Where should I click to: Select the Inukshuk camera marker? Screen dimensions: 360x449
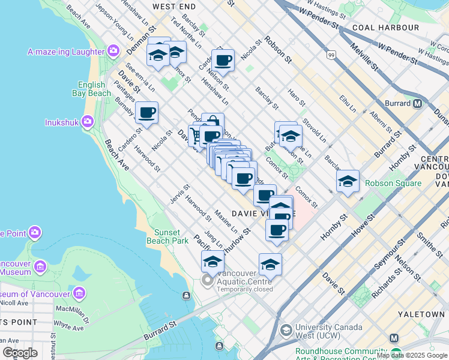pyautogui.click(x=88, y=122)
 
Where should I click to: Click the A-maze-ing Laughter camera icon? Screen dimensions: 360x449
pyautogui.click(x=113, y=52)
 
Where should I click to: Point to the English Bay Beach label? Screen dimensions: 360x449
pyautogui.click(x=94, y=89)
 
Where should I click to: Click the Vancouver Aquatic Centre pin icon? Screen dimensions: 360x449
pyautogui.click(x=208, y=280)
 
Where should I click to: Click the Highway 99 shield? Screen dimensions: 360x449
pyautogui.click(x=331, y=55)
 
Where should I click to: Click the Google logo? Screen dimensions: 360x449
pyautogui.click(x=20, y=353)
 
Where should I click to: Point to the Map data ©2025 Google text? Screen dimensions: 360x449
pyautogui.click(x=412, y=355)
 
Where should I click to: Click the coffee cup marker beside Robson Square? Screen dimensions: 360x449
pyautogui.click(x=348, y=181)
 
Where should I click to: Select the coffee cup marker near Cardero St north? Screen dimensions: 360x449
pyautogui.click(x=223, y=60)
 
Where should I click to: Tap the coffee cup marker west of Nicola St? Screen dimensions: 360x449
pyautogui.click(x=146, y=112)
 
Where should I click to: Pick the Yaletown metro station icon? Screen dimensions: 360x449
pyautogui.click(x=395, y=338)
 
